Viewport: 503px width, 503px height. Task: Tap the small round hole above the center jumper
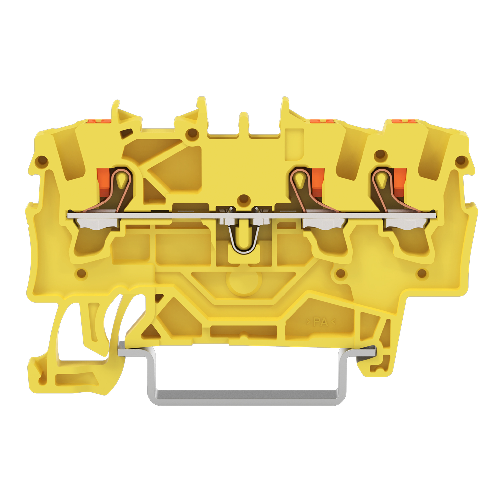244,199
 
